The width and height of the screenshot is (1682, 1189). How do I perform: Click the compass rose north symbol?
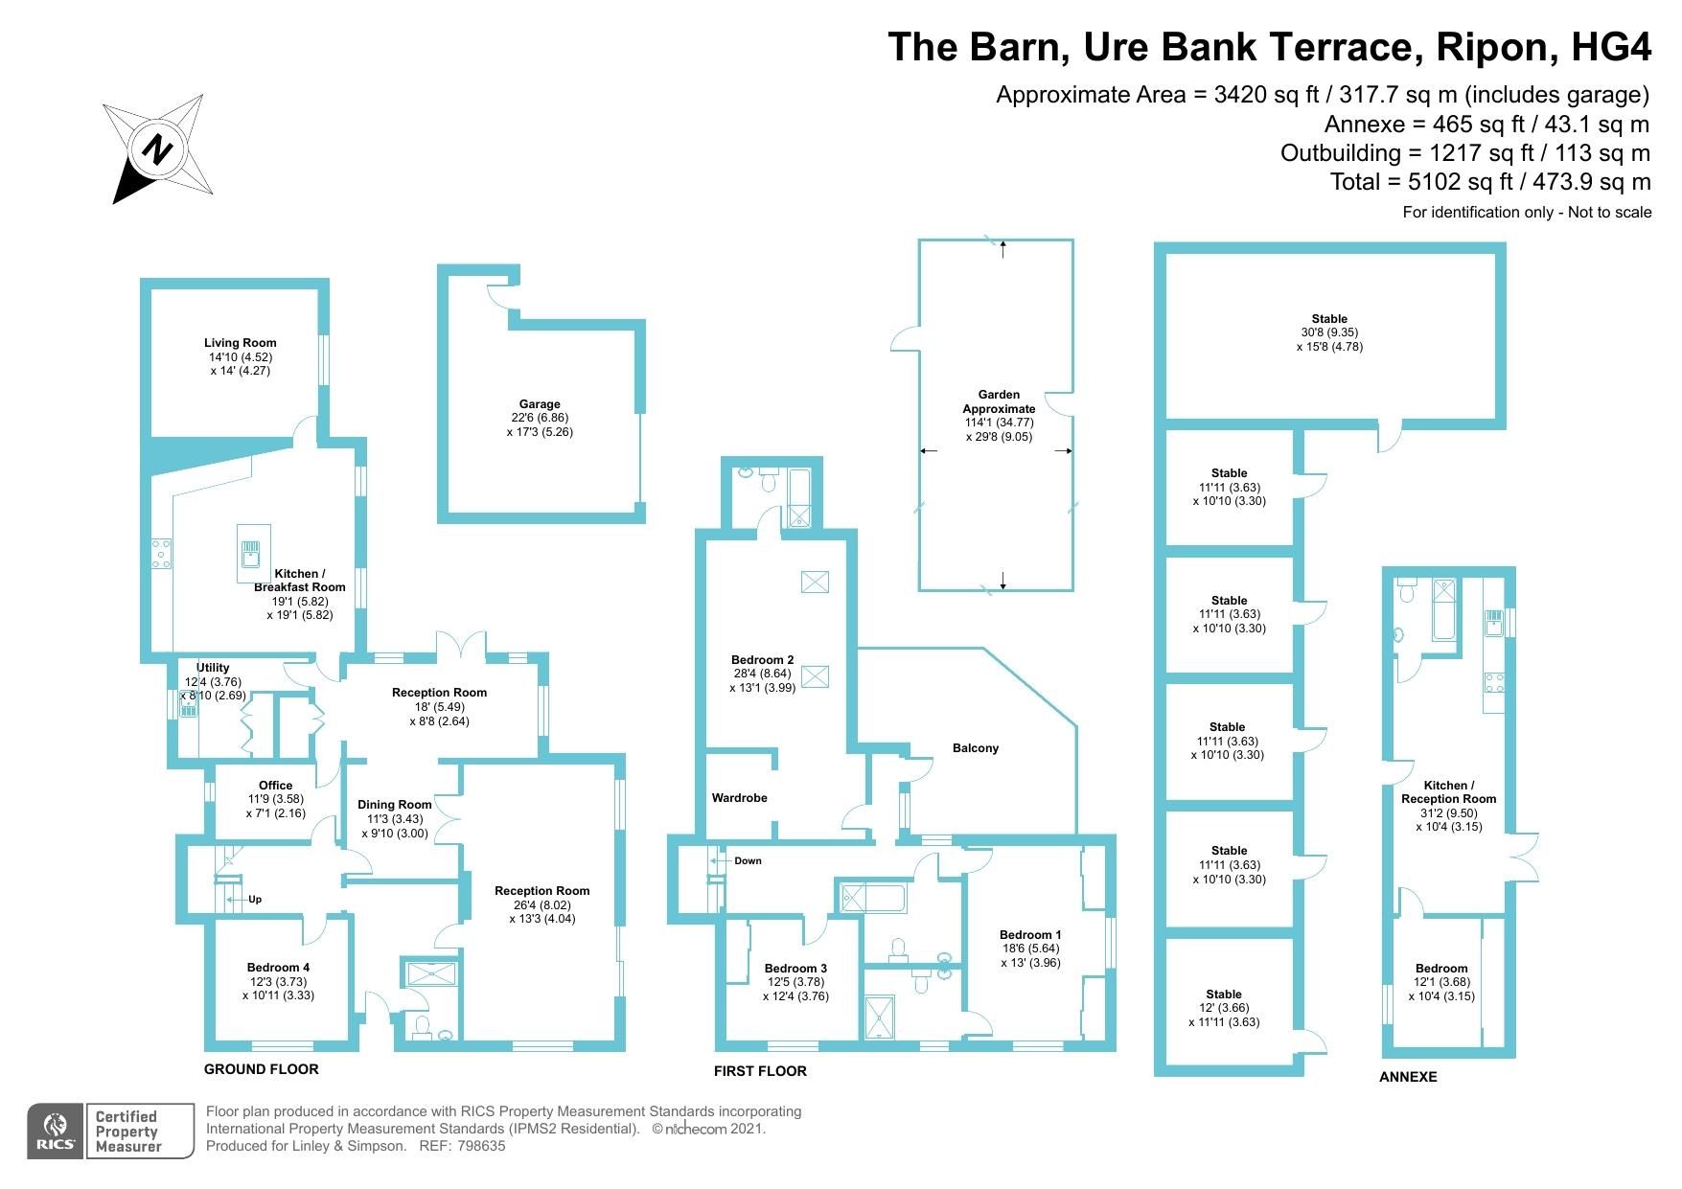[157, 149]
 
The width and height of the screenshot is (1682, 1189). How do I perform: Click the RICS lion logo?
[56, 1131]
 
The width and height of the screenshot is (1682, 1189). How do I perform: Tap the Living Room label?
[240, 343]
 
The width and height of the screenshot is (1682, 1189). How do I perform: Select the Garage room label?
[536, 404]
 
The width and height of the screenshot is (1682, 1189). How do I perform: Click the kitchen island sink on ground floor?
[250, 553]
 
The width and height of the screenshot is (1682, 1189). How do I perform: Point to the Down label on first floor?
[747, 860]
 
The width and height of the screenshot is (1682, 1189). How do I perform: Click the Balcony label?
[976, 748]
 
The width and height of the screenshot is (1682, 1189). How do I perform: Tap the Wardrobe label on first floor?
[739, 798]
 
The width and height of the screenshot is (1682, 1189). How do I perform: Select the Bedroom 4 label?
[278, 968]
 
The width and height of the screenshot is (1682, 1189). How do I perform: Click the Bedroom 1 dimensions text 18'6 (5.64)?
[1030, 949]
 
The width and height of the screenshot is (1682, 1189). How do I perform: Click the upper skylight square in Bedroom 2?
[815, 582]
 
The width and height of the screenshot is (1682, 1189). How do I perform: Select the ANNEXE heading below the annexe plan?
[1408, 1077]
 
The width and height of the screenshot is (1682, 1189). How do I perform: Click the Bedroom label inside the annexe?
[1440, 969]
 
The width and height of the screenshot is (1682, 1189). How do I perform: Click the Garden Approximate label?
[999, 401]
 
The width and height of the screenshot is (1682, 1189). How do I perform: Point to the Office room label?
[275, 786]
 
